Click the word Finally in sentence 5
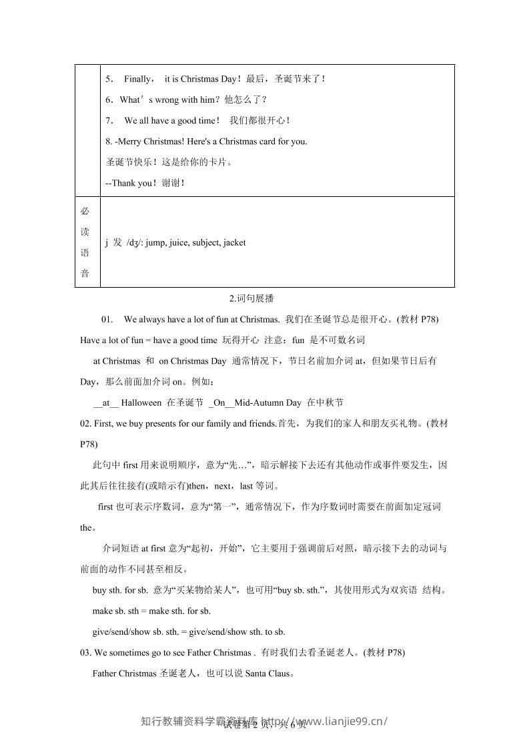click(138, 79)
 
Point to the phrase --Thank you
click(130, 183)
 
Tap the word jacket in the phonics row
click(234, 242)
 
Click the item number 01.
click(107, 319)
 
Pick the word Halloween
click(141, 403)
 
